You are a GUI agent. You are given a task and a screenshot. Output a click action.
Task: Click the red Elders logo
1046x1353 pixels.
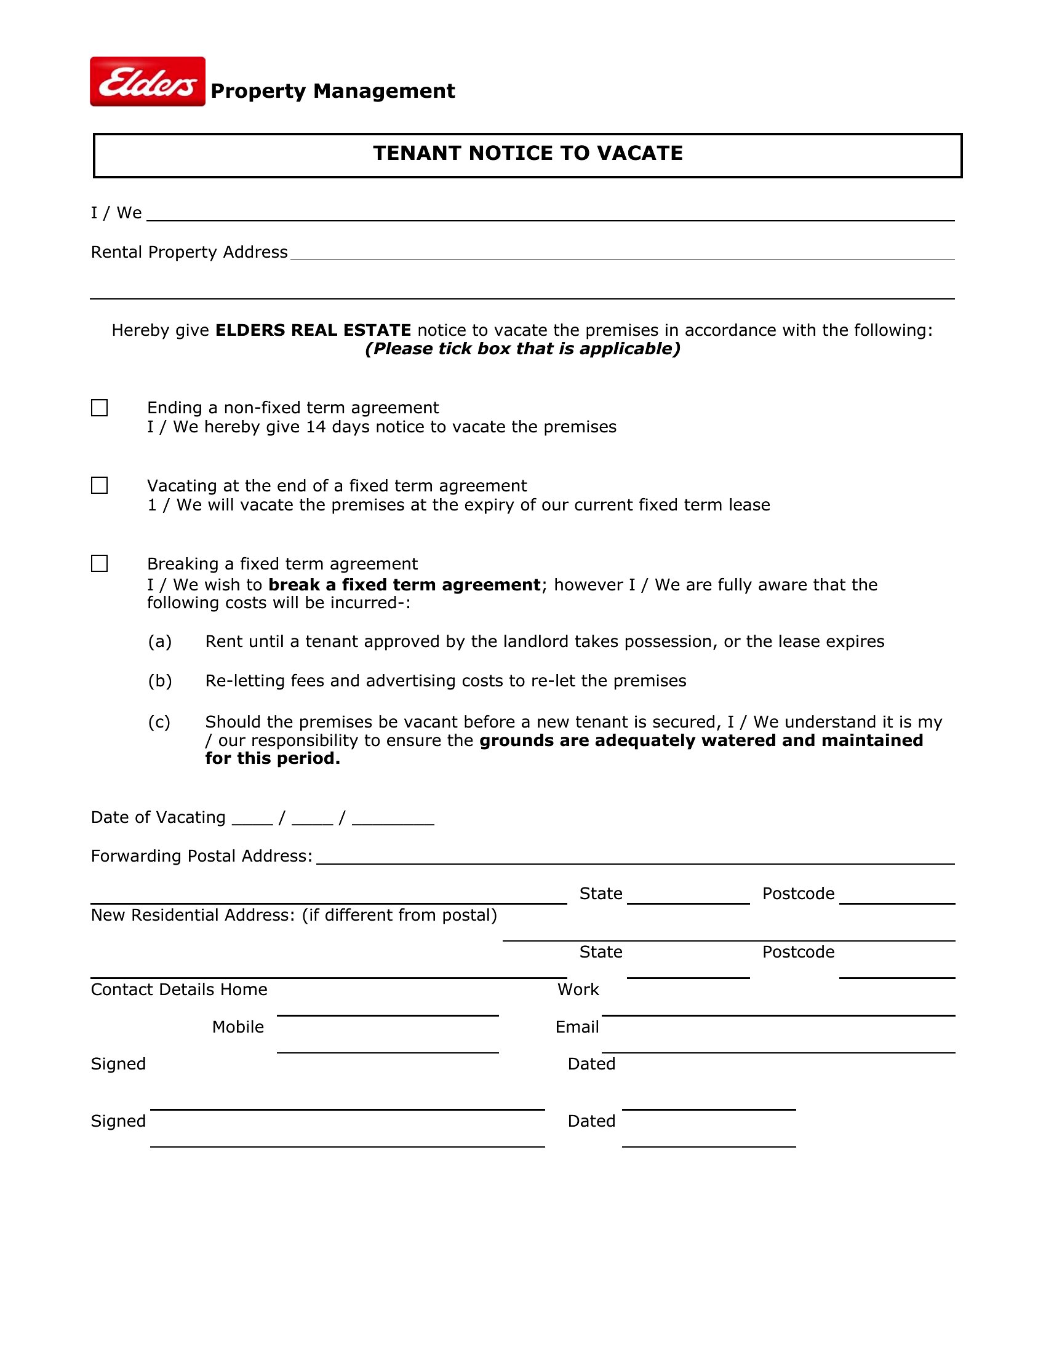pos(148,82)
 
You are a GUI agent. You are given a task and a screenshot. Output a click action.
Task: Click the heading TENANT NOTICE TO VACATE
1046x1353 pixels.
pos(527,153)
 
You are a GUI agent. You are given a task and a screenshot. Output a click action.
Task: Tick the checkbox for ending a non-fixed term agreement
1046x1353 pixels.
pos(99,408)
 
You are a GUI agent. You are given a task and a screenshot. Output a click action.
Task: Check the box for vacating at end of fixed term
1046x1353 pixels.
pos(99,485)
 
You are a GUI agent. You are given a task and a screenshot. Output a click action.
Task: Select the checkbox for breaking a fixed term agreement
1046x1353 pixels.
pos(99,563)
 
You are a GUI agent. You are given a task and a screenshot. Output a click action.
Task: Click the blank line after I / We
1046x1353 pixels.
pos(550,215)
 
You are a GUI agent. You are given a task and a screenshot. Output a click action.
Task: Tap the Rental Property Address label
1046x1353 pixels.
pos(189,252)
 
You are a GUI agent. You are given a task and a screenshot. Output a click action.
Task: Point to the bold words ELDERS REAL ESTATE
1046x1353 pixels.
pos(313,330)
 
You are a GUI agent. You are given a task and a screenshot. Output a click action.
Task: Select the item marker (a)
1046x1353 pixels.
pos(160,641)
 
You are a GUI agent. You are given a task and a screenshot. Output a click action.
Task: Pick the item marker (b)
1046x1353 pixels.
pos(160,681)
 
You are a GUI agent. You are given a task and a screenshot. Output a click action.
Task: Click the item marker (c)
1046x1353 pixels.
pos(159,722)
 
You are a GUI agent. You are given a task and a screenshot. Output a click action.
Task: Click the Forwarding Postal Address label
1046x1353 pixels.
pos(201,856)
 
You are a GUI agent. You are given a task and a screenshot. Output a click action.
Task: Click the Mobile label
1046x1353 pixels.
pos(238,1027)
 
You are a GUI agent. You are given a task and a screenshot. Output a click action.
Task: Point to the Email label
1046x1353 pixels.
pos(577,1027)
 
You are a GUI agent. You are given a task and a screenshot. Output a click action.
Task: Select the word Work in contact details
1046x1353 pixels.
pos(578,990)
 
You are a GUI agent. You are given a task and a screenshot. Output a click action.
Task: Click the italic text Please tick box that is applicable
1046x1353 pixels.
pos(523,349)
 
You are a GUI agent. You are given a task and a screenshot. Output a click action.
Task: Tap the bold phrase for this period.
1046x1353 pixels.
pos(273,758)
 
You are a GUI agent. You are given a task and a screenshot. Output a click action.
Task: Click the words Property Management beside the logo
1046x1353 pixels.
pos(333,91)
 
